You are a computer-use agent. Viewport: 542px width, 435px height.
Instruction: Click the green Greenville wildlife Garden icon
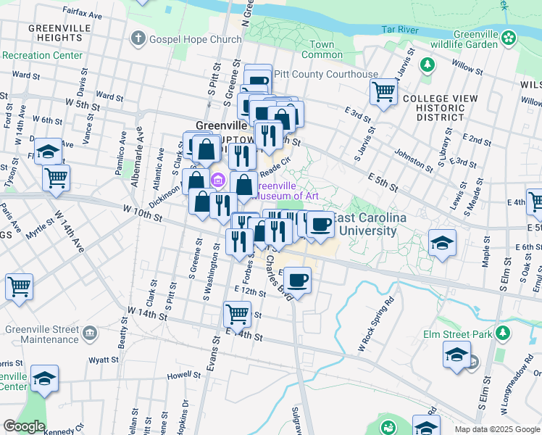click(509, 36)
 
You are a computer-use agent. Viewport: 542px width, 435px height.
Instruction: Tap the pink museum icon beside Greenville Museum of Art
click(217, 180)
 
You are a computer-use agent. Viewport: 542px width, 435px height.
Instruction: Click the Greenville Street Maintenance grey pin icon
click(89, 333)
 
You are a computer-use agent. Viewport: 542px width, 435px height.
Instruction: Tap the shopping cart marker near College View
click(383, 92)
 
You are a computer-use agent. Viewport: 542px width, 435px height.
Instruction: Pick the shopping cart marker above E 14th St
click(237, 314)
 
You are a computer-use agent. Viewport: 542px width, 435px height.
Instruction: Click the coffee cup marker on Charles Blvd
click(297, 279)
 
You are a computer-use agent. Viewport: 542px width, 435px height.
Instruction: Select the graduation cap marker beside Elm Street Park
click(456, 356)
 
